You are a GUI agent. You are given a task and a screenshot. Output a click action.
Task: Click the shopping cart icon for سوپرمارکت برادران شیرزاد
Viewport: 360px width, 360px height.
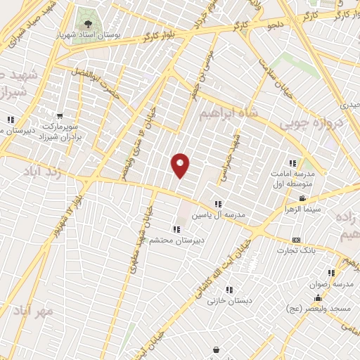60,117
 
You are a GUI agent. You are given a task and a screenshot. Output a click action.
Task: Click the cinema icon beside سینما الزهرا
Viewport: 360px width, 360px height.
302,199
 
